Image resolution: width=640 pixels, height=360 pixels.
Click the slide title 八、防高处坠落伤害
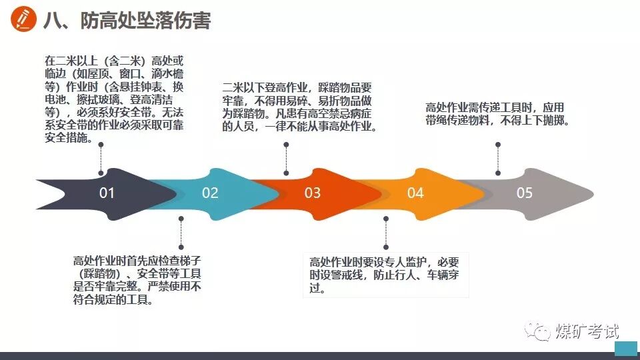[127, 21]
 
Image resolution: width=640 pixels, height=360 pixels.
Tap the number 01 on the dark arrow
[107, 193]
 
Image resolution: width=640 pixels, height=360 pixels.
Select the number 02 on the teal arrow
[210, 193]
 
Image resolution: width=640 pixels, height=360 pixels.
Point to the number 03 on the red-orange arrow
[313, 193]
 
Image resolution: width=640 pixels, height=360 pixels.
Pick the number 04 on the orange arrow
[415, 193]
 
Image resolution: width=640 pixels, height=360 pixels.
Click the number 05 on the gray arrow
[525, 193]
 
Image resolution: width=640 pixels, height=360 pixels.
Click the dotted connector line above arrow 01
[101, 159]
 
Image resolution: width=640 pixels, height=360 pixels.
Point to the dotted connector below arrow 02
[181, 233]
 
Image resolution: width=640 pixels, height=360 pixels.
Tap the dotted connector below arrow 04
[385, 233]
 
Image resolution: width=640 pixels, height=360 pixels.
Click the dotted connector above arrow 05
[498, 157]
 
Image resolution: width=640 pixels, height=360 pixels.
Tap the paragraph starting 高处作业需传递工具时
[495, 114]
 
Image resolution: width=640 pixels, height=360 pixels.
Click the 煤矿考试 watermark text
[587, 331]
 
